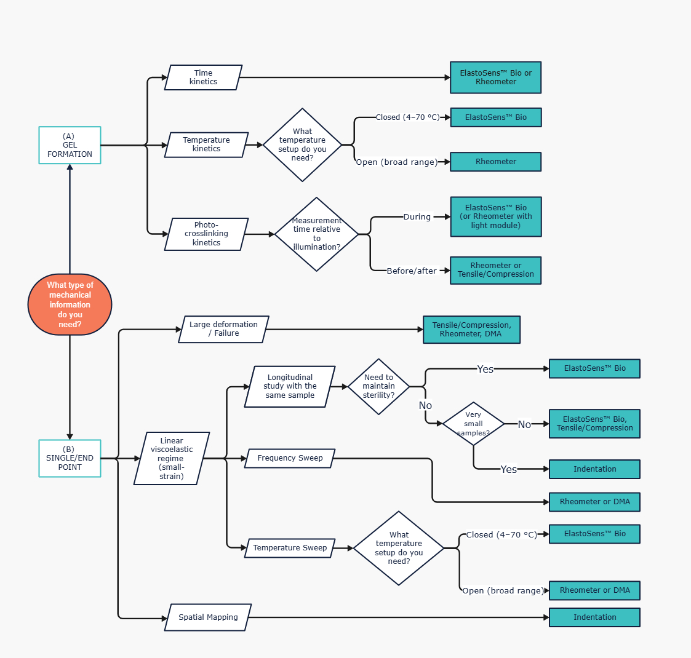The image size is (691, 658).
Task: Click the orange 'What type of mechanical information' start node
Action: (70, 304)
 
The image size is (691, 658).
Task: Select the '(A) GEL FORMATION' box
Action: (70, 145)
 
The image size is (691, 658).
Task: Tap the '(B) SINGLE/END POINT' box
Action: (70, 458)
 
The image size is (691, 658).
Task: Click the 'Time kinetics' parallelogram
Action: (203, 77)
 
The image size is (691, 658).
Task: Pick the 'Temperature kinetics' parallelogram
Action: (206, 145)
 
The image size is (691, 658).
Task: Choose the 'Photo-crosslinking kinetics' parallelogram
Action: (206, 234)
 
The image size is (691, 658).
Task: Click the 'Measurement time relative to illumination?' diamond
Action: (316, 234)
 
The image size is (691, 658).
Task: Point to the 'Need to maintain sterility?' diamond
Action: (378, 387)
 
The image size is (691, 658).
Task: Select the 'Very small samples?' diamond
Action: (473, 424)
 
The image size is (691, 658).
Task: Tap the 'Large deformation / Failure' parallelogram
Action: (223, 329)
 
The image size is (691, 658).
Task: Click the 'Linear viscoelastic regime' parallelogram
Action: (172, 458)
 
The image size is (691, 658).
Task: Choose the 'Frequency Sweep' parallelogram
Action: (290, 458)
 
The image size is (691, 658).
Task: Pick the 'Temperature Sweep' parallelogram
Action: (290, 547)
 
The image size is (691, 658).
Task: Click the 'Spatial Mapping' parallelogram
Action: (208, 617)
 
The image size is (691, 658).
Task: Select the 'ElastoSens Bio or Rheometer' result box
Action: (495, 77)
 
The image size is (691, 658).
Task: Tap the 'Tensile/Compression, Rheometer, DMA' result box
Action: (471, 330)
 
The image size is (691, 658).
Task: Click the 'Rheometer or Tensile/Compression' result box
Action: (495, 271)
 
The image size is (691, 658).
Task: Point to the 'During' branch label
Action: (417, 216)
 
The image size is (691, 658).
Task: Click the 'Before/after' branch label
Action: (411, 271)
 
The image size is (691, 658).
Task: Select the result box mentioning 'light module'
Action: (495, 216)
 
